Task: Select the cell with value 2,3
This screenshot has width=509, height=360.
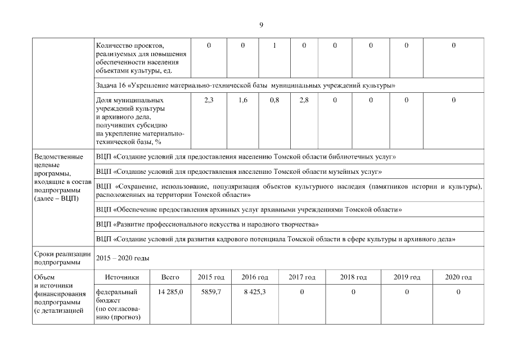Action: pos(209,100)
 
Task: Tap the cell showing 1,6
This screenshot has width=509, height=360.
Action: pos(243,100)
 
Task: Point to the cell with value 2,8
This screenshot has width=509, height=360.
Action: pos(304,100)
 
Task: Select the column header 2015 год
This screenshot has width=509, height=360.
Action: pos(211,277)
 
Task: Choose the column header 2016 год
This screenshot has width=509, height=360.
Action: pos(255,277)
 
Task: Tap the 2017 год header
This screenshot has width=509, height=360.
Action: pos(302,277)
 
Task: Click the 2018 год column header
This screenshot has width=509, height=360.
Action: pos(353,277)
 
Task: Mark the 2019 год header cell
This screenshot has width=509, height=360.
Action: pos(407,277)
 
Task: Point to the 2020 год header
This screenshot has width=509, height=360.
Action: pos(458,277)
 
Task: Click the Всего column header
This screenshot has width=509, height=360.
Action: pos(170,277)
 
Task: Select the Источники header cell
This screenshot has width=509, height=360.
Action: pos(121,277)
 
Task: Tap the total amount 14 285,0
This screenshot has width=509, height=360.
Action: pos(170,292)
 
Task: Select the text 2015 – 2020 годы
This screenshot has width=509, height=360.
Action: pos(123,258)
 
